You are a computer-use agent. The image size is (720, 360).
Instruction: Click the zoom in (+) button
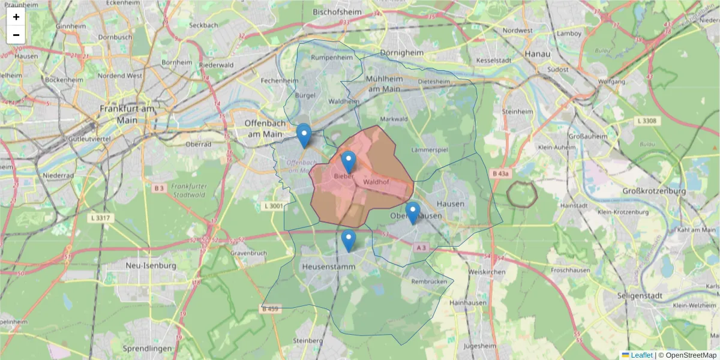coord(16,17)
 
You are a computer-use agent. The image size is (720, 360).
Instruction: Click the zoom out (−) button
coord(16,35)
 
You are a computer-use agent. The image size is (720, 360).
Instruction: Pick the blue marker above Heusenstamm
coord(349,240)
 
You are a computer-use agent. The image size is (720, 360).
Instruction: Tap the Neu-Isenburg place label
coord(151,265)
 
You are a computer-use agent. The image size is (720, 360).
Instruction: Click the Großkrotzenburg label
coord(654,191)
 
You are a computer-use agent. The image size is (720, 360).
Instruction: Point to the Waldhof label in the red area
coord(377,181)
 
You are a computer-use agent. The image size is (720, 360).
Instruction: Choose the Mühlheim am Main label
coord(384,84)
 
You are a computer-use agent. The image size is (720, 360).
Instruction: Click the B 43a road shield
coord(500,173)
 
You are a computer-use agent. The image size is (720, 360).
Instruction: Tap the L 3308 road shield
coord(646,121)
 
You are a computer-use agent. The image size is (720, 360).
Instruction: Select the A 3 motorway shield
coord(422,247)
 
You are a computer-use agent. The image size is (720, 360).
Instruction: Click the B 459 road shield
coord(271,309)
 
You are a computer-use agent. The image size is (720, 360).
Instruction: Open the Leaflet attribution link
coord(641,355)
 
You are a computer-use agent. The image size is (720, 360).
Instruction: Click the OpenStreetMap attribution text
coord(691,355)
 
